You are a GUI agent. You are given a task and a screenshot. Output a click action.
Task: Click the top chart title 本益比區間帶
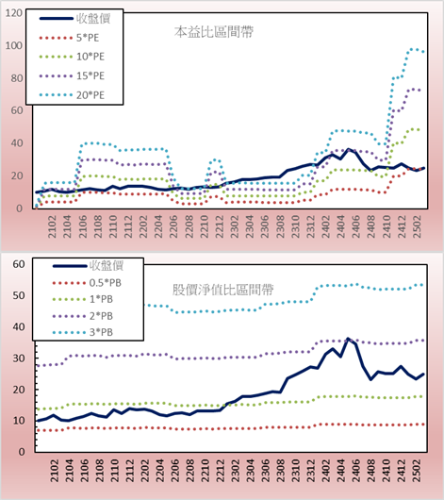click(x=214, y=32)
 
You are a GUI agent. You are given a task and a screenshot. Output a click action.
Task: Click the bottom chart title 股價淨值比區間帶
click(x=222, y=290)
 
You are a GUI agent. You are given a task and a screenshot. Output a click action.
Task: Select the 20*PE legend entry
click(x=72, y=95)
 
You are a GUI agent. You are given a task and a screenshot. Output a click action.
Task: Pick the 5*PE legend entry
click(x=69, y=38)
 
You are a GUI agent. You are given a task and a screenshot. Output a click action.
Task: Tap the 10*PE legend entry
click(x=72, y=57)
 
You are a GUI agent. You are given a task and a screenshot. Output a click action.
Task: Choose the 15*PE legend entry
click(x=72, y=75)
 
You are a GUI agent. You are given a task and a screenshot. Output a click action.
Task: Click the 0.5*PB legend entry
click(x=87, y=283)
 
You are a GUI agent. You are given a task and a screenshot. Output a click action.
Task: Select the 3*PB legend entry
click(x=83, y=332)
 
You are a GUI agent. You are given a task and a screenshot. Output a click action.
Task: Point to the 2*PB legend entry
click(x=83, y=316)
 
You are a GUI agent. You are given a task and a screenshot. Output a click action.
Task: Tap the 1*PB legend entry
click(x=83, y=299)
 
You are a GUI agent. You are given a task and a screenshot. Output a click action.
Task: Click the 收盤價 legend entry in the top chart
click(x=74, y=19)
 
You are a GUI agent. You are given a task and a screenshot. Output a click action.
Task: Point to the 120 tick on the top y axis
click(x=14, y=13)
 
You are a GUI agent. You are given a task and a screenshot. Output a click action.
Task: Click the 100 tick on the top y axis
click(x=14, y=45)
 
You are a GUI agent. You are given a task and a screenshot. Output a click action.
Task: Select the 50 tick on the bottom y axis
click(x=19, y=295)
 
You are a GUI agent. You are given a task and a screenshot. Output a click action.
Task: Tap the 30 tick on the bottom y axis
click(x=19, y=358)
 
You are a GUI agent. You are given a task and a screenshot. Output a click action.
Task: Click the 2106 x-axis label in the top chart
click(x=83, y=226)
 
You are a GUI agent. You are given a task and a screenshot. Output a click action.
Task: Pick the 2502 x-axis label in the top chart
click(x=418, y=226)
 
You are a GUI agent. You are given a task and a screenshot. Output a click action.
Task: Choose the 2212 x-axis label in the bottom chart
click(x=220, y=471)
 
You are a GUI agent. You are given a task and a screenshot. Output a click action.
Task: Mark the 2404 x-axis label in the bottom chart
click(x=341, y=471)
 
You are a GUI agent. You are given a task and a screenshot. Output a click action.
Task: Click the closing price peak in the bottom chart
click(x=348, y=339)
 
